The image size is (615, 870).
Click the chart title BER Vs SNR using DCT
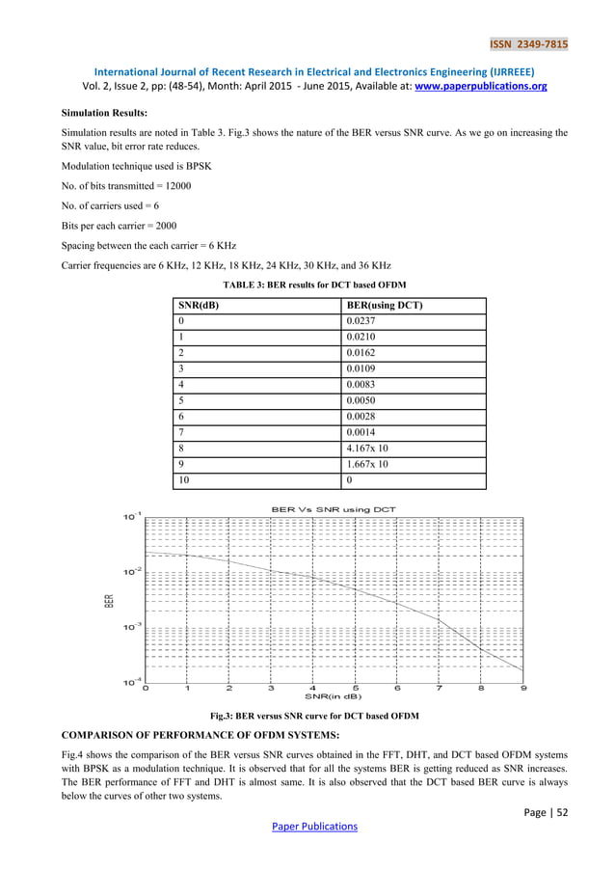pyautogui.click(x=333, y=508)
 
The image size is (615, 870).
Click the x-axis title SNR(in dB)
pyautogui.click(x=333, y=697)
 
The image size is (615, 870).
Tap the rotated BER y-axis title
pyautogui.click(x=109, y=600)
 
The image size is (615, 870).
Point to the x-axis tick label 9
pyautogui.click(x=523, y=689)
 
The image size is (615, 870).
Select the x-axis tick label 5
pyautogui.click(x=356, y=689)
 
